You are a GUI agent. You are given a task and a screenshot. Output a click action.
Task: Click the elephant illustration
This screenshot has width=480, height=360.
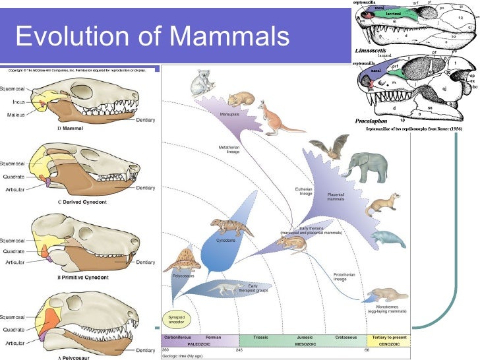pyautogui.click(x=371, y=168)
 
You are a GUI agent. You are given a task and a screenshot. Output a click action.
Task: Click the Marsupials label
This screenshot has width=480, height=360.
pyautogui.click(x=229, y=114)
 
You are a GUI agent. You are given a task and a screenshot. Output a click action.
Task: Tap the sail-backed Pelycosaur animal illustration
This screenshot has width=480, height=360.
pyautogui.click(x=182, y=258)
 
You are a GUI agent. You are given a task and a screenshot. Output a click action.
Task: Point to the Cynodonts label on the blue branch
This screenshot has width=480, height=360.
pyautogui.click(x=227, y=241)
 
